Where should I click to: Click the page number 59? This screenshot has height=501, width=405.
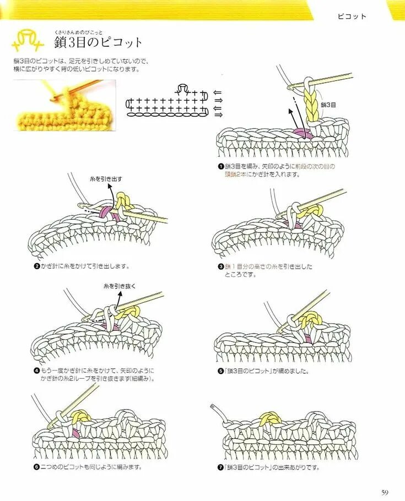pos(385,492)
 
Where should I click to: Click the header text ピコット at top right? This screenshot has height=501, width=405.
pos(352,17)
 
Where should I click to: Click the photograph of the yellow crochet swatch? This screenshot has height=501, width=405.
pos(64,105)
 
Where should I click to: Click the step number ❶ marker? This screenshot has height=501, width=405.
pos(220,166)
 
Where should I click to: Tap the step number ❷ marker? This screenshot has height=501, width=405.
pos(36,266)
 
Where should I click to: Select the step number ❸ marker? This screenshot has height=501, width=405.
pos(220,266)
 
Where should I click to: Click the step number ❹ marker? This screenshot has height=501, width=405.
pos(36,371)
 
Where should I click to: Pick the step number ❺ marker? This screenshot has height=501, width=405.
pos(220,371)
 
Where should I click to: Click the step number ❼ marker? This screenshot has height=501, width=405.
pos(220,467)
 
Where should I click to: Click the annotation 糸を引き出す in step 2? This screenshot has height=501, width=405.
pos(105,179)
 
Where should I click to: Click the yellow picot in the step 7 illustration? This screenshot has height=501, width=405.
pos(270,420)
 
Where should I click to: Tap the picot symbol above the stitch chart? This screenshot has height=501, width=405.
pos(183,89)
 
